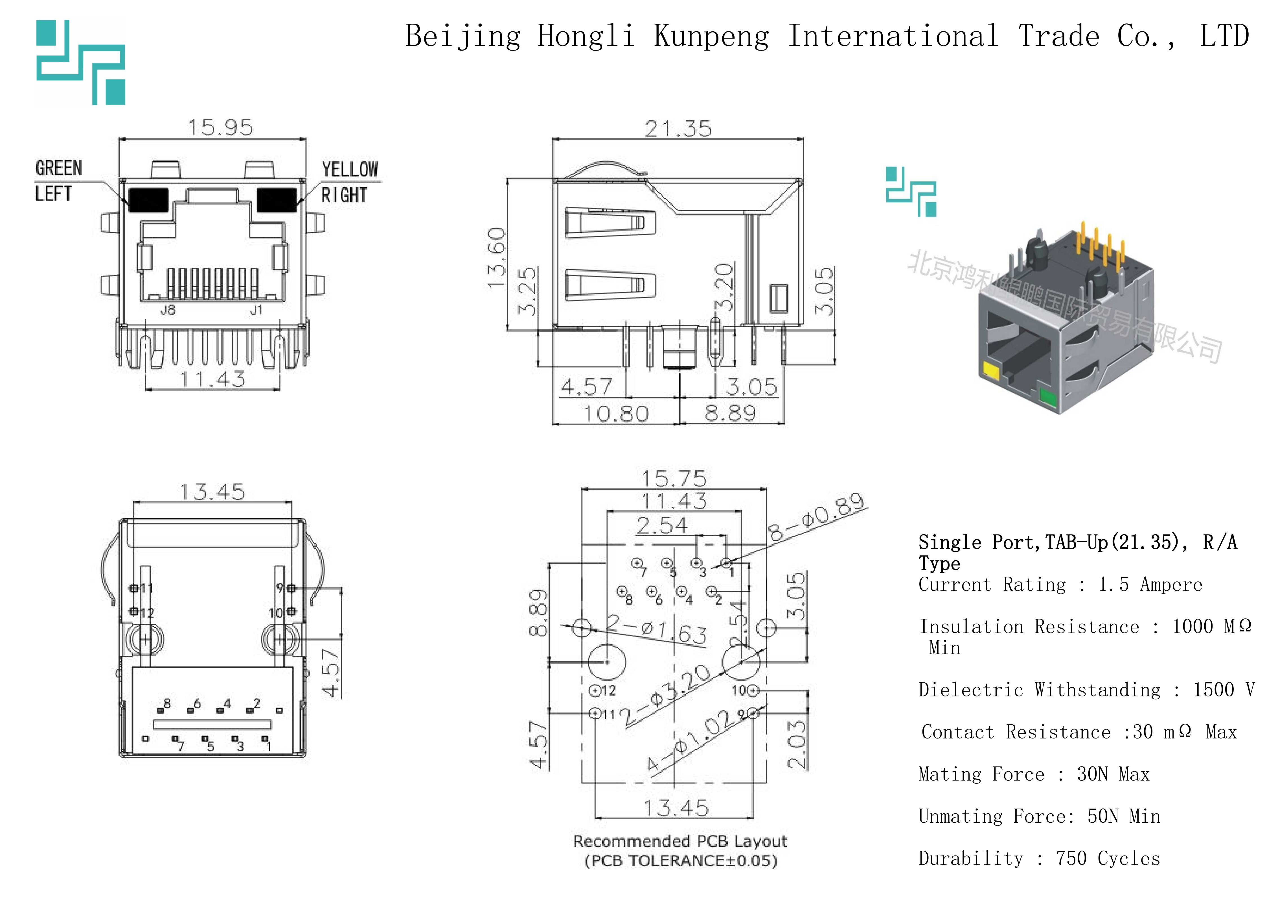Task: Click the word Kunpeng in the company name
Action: point(711,36)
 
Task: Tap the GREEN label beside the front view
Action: point(58,168)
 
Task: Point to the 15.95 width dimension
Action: point(220,128)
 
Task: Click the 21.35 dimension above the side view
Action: point(678,129)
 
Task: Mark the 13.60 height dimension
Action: point(496,257)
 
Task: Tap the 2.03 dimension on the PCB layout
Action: point(796,744)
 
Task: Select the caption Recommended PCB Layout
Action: point(680,841)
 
